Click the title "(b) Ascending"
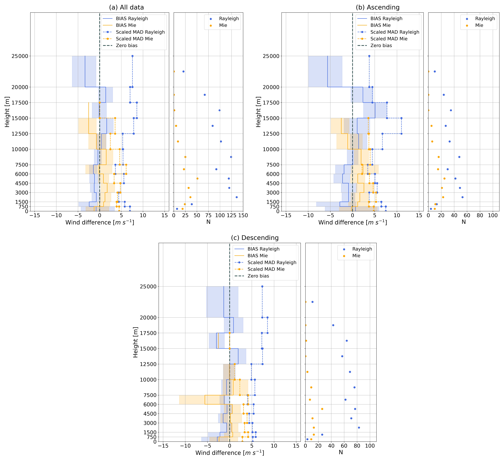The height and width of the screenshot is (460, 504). pos(377,8)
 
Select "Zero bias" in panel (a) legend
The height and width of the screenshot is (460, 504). pos(127,45)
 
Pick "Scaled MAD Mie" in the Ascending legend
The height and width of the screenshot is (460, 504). pos(389,39)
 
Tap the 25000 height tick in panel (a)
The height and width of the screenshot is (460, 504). pos(20,56)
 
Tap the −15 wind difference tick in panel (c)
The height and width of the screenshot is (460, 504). pos(163,446)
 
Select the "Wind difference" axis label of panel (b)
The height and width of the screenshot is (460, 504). pos(353,222)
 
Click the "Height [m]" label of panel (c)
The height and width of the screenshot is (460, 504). pos(135,342)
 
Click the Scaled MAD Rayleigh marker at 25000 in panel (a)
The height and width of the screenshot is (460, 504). pos(133,56)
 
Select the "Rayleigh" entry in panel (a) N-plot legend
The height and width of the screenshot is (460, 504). pos(229,19)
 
